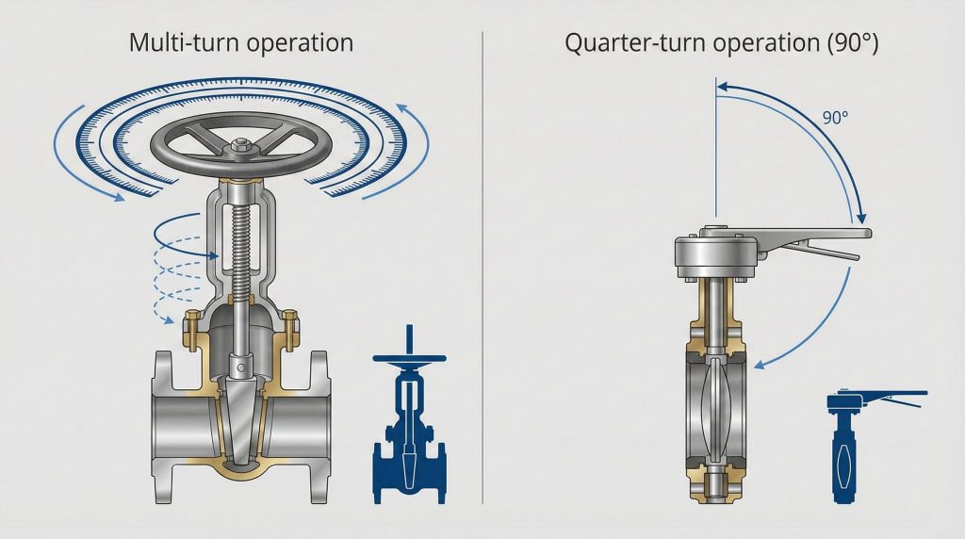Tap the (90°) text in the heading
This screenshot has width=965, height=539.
[x=848, y=43]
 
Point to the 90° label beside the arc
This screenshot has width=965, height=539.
[x=835, y=119]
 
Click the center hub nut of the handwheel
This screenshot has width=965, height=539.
[x=238, y=147]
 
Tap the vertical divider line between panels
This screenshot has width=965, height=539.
[x=482, y=264]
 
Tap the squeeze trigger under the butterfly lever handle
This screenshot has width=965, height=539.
[x=820, y=251]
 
